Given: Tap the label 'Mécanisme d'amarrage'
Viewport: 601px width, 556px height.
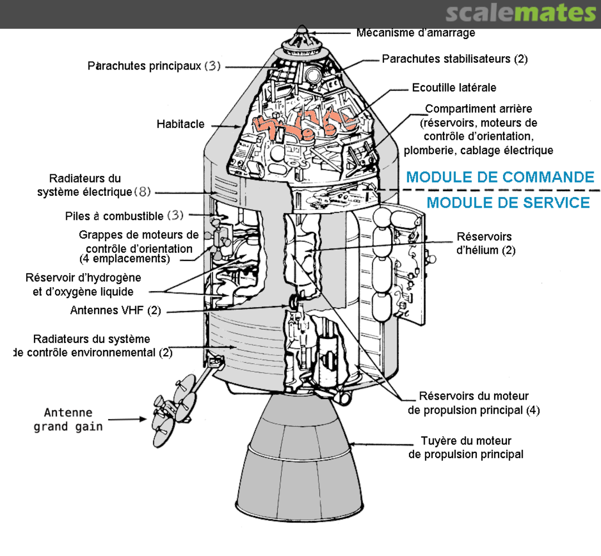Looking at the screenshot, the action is pyautogui.click(x=416, y=33).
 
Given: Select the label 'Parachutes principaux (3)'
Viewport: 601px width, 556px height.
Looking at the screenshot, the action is pyautogui.click(x=154, y=66).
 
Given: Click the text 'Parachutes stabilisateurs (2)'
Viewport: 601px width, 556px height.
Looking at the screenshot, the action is pyautogui.click(x=455, y=59).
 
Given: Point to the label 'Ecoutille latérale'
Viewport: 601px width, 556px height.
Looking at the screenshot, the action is pyautogui.click(x=454, y=88).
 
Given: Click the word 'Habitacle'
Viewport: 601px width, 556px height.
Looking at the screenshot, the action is pyautogui.click(x=180, y=124).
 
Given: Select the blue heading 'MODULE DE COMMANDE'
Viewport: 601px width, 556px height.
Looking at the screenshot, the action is pyautogui.click(x=500, y=177).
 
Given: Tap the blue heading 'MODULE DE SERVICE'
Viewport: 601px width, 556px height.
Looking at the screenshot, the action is pyautogui.click(x=508, y=203).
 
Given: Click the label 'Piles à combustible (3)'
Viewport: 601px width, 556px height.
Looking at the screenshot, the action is pyautogui.click(x=124, y=216).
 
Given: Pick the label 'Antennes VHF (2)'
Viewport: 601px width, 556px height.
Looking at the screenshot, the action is pyautogui.click(x=115, y=310).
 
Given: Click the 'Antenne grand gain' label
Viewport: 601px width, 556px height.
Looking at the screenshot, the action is pyautogui.click(x=68, y=420).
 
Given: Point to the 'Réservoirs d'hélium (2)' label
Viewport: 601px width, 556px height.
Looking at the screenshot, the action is pyautogui.click(x=486, y=243).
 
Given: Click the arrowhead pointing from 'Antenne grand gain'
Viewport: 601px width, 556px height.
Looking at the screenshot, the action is pyautogui.click(x=143, y=419).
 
